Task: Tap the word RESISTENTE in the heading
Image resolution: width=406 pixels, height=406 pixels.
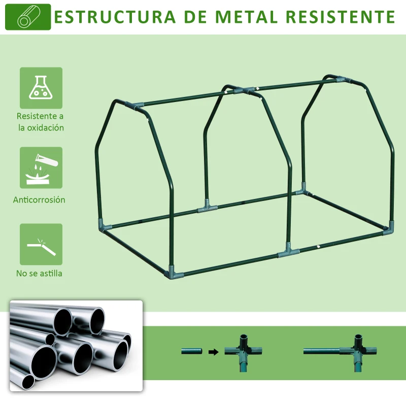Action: click(340, 16)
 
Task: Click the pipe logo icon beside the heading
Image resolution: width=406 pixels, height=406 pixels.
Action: click(27, 17)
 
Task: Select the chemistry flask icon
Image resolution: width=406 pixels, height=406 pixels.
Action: click(41, 88)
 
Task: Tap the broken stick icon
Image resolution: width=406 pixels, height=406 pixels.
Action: click(41, 244)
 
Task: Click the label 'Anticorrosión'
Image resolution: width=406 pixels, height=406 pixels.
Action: click(39, 200)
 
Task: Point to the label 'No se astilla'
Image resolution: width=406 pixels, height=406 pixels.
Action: click(39, 274)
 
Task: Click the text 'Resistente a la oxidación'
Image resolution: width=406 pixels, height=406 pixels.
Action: click(41, 122)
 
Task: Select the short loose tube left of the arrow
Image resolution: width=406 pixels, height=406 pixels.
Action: click(192, 351)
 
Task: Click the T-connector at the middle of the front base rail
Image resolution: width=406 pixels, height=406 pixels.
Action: click(287, 250)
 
